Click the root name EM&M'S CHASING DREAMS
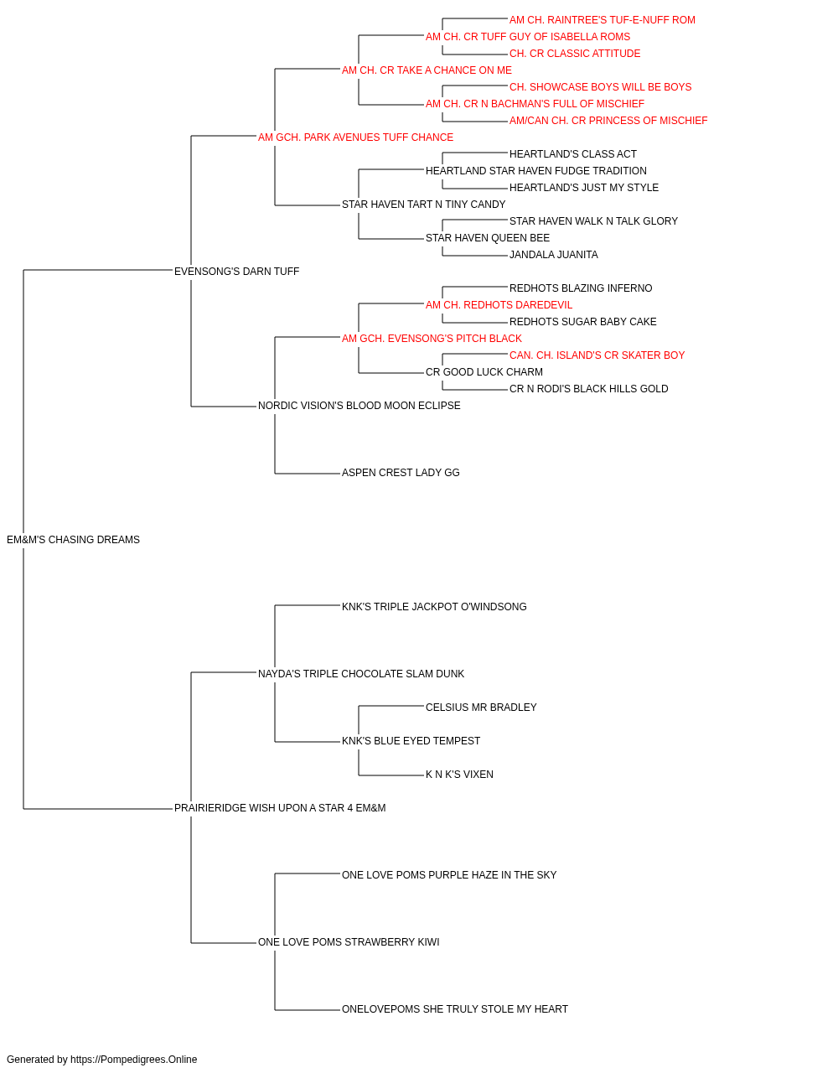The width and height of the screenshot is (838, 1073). [x=73, y=540]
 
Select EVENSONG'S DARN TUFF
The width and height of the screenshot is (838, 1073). [x=236, y=272]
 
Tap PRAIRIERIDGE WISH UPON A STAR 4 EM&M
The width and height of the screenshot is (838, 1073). [x=280, y=808]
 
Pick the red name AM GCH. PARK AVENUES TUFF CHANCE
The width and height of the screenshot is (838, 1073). [x=355, y=137]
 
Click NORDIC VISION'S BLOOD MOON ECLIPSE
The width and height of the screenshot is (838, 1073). [x=359, y=406]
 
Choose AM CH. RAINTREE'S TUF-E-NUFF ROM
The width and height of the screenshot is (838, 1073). [x=602, y=20]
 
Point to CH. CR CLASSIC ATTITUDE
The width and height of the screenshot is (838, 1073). [x=575, y=54]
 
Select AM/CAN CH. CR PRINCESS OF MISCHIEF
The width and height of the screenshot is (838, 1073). [x=608, y=121]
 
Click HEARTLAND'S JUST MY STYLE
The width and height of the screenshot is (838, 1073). [x=584, y=188]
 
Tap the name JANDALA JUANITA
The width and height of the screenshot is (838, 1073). [x=553, y=255]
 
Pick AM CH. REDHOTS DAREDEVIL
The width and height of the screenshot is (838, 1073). [x=499, y=305]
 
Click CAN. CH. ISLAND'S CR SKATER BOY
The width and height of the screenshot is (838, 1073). [x=597, y=355]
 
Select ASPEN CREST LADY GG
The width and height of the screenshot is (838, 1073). [x=401, y=473]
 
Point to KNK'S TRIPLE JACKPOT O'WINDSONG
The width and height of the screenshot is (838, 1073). [x=434, y=607]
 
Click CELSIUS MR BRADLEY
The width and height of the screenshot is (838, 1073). [x=481, y=708]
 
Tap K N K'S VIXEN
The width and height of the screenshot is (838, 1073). [x=459, y=775]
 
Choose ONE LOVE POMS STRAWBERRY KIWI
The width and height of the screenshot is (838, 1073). [x=349, y=942]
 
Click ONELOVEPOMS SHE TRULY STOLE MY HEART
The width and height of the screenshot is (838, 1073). [x=454, y=1009]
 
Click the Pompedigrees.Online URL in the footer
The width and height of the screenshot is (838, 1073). [x=133, y=1060]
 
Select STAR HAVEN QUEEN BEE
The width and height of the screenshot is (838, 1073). [x=487, y=238]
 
